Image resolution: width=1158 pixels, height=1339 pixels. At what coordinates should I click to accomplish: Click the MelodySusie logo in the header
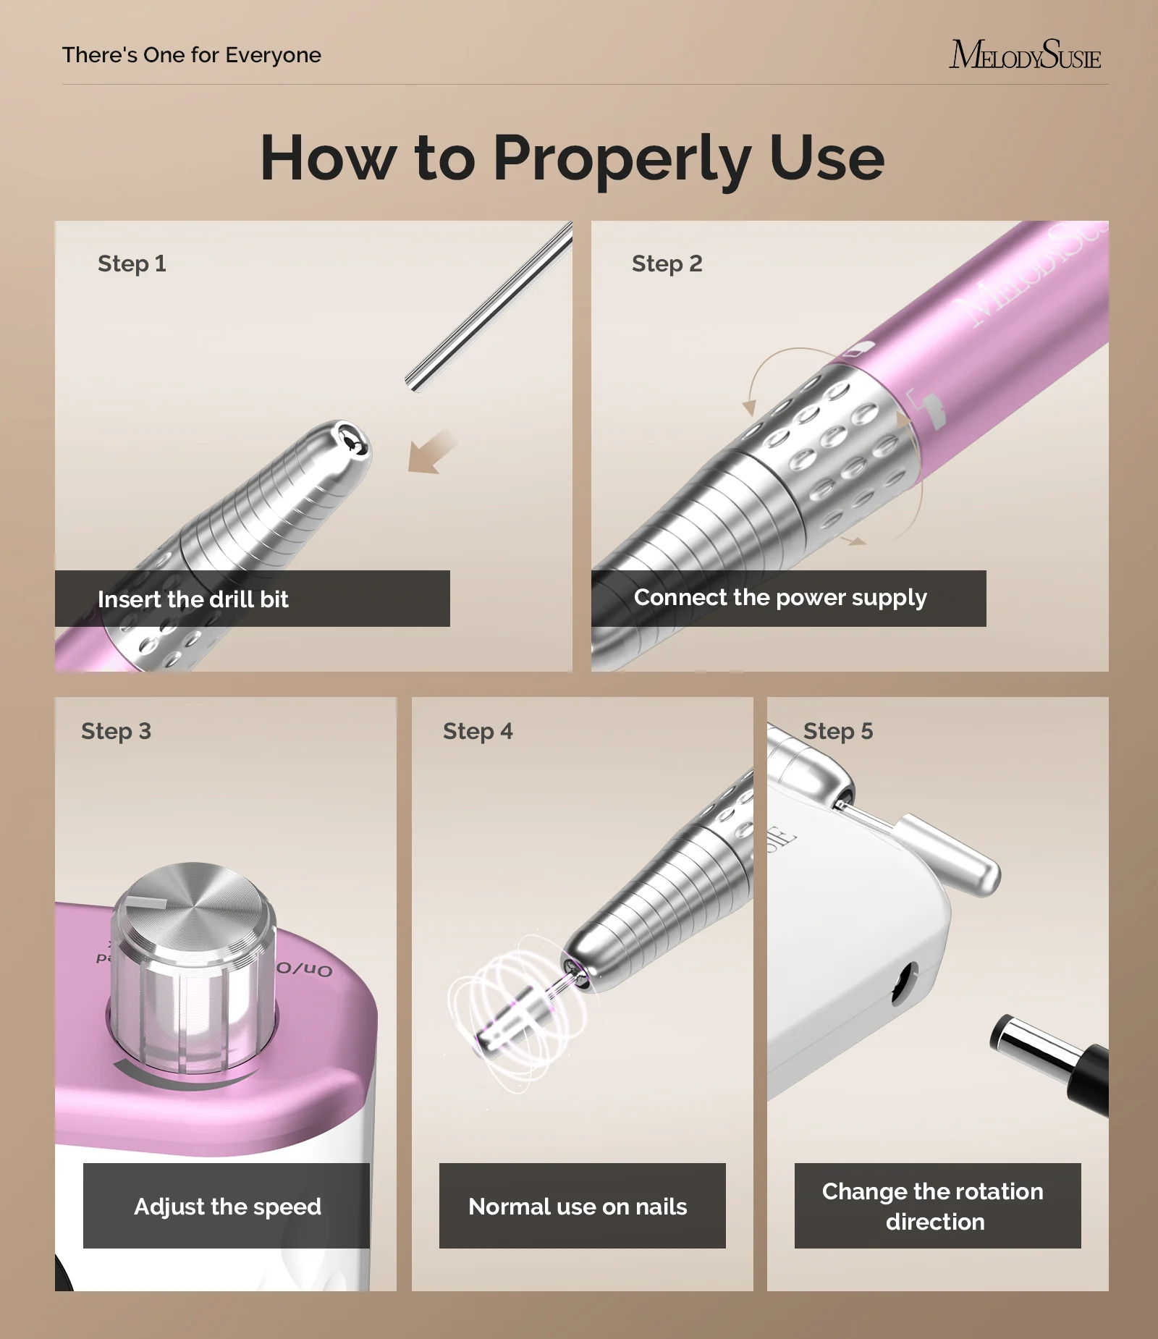1025,54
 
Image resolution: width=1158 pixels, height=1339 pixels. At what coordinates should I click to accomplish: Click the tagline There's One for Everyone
192,55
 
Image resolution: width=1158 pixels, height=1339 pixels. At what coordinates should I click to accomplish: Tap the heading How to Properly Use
572,158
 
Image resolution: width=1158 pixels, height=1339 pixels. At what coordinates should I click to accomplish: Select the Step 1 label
132,263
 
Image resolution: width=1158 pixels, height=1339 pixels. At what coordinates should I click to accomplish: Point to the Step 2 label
667,263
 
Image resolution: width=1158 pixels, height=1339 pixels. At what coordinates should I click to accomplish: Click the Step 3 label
116,731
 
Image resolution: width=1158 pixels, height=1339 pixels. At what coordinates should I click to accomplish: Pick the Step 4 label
478,731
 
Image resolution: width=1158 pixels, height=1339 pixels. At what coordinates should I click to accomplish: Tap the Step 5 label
838,731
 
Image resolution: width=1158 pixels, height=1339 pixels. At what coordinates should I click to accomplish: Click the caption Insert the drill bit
193,599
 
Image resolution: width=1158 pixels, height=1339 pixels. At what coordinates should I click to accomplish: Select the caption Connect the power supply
780,598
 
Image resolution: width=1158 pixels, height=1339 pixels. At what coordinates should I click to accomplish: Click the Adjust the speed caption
227,1207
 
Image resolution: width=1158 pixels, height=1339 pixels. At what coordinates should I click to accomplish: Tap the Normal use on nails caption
578,1207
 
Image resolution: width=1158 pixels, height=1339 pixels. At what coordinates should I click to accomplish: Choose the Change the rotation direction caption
933,1207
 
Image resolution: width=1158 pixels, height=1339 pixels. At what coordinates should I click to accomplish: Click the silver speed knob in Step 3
193,963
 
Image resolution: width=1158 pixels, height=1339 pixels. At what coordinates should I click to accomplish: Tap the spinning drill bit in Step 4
518,1013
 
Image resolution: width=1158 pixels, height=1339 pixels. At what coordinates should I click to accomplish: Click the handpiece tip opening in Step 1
352,441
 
